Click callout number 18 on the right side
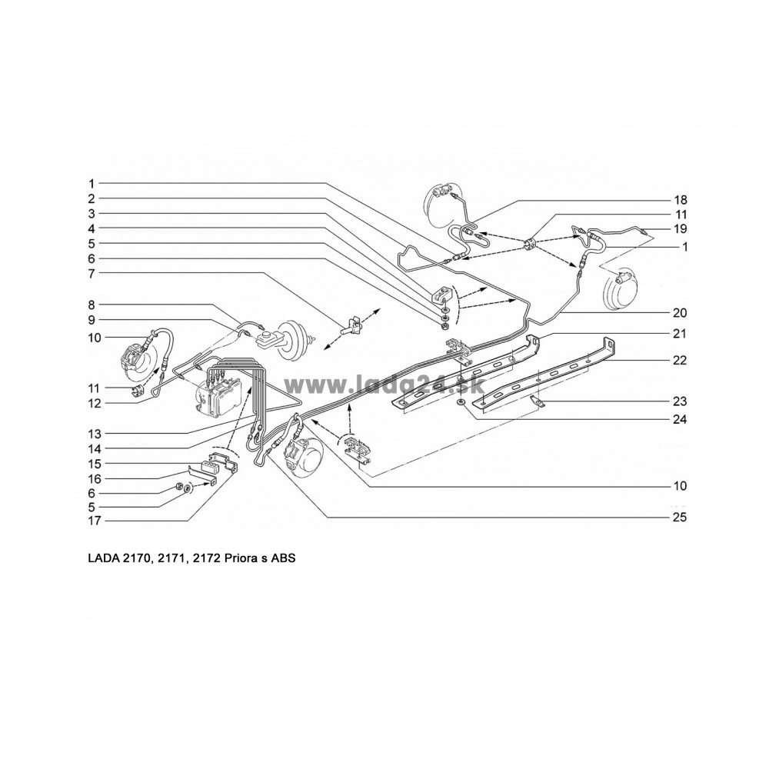681,200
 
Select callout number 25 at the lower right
680,518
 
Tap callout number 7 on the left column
92,273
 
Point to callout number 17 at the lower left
94,521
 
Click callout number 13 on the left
94,434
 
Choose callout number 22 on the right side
680,361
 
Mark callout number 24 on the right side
680,420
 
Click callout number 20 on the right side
680,313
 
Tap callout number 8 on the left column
92,305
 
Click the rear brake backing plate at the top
442,204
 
